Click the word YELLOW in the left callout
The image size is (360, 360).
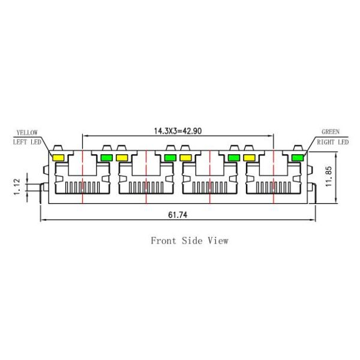[x=26, y=132]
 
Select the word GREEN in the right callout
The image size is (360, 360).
[x=331, y=132]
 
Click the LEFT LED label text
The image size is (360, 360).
[x=28, y=142]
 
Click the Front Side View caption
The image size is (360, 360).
[x=189, y=241]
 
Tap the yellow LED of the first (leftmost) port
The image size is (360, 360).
[x=59, y=158]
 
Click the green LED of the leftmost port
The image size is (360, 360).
[x=107, y=158]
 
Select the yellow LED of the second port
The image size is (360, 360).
[x=122, y=158]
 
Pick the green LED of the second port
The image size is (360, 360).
[x=170, y=158]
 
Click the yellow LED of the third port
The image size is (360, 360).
[x=186, y=158]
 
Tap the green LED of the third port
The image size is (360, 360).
[x=234, y=158]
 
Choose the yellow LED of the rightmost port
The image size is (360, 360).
[x=250, y=158]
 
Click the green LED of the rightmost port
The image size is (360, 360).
[x=297, y=158]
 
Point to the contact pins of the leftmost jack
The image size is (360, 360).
[x=82, y=185]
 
